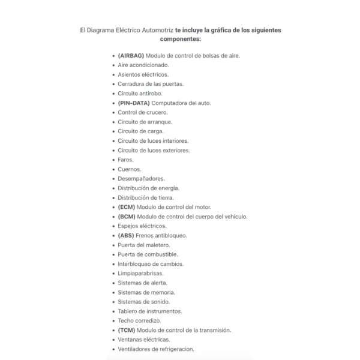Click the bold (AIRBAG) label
(131, 55)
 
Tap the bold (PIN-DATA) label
(134, 103)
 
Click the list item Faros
(125, 160)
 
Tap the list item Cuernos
(130, 169)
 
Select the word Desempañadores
(141, 179)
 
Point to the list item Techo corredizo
(139, 320)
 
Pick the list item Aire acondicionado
(143, 65)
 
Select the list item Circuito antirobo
(140, 93)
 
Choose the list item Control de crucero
(143, 112)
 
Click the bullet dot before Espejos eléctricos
(113, 226)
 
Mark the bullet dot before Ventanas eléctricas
(113, 340)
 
